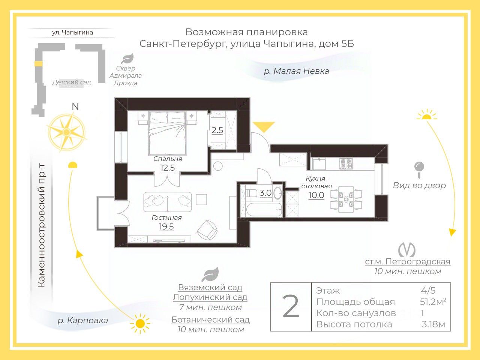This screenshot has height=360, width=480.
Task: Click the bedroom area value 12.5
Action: (x=168, y=168)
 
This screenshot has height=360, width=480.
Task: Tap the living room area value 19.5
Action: (x=166, y=226)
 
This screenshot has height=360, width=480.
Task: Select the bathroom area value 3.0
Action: (x=265, y=193)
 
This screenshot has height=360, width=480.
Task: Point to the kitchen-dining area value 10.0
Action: (x=316, y=195)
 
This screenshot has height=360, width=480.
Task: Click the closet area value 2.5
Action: (x=217, y=130)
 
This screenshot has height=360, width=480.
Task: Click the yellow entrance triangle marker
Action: (x=264, y=127)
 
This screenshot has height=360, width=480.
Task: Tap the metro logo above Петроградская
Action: (x=406, y=249)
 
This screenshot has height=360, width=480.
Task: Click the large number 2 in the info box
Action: (x=291, y=307)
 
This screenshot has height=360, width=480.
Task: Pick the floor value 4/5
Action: (x=428, y=290)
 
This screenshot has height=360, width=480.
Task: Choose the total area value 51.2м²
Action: (x=433, y=301)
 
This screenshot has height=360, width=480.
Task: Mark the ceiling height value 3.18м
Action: (x=433, y=324)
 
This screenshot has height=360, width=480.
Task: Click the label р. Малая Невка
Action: (x=296, y=71)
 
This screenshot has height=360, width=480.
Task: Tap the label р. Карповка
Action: (x=82, y=321)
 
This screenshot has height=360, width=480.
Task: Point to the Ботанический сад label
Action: (x=210, y=320)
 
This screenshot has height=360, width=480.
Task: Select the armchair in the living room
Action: (x=207, y=229)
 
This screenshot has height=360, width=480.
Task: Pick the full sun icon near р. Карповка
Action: (x=140, y=323)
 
